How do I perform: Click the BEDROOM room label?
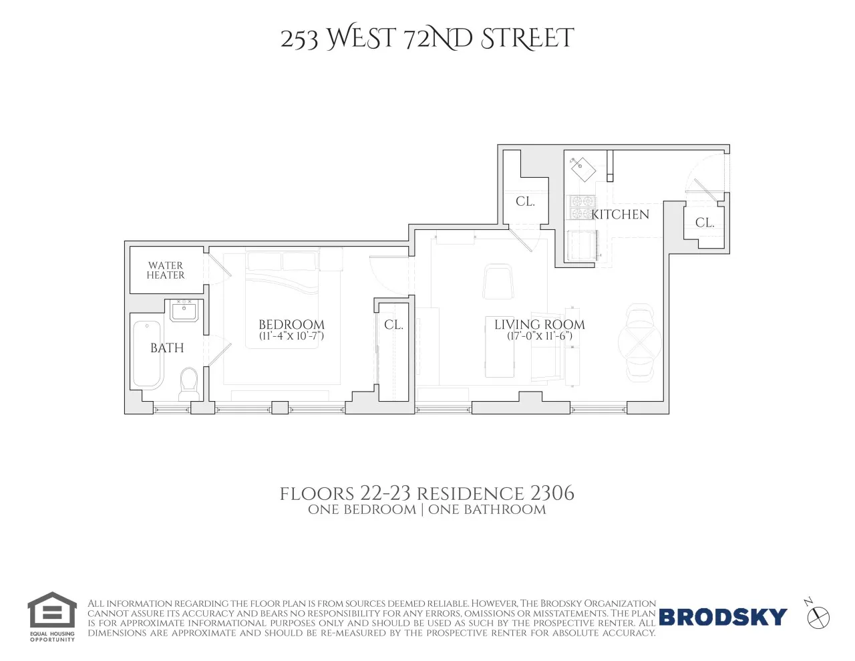pos(291,325)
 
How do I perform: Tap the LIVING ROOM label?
pos(539,324)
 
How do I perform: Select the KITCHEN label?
pos(621,214)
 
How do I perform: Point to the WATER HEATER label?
pos(166,270)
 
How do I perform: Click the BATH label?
pos(167,348)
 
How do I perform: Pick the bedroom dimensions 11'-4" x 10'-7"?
pos(291,336)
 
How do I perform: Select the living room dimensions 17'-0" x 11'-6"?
pos(539,336)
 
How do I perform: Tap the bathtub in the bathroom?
pos(147,354)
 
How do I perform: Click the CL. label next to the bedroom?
pos(393,325)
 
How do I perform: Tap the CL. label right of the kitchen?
pos(705,223)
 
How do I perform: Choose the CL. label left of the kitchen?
pos(525,201)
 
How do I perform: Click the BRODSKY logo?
pos(723,616)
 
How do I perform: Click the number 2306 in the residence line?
pos(552,493)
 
